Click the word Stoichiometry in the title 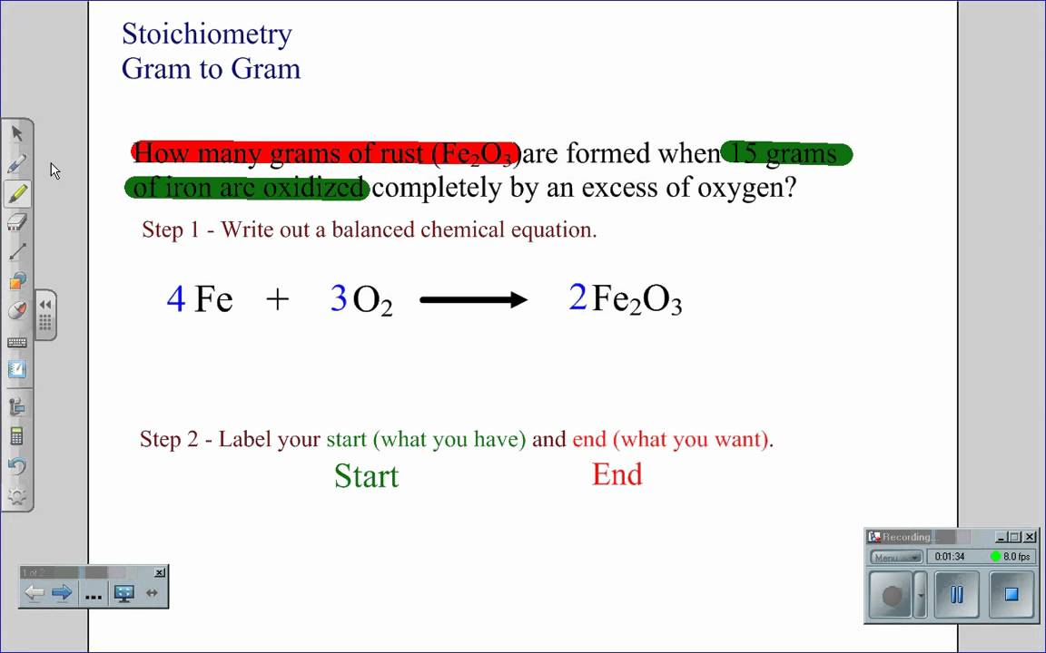[x=207, y=34]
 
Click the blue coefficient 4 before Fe [x=176, y=297]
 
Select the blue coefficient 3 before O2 [x=339, y=297]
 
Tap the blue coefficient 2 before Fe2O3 [x=577, y=297]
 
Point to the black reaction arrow [x=473, y=299]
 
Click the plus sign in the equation [x=278, y=298]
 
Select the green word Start [x=366, y=476]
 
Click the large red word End [x=617, y=474]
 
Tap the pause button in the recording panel [x=956, y=595]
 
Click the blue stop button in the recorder [x=1011, y=595]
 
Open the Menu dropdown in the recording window [x=896, y=557]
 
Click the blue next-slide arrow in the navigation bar [x=62, y=593]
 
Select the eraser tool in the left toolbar [x=17, y=221]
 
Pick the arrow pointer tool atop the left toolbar [x=17, y=133]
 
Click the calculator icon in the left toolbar [x=16, y=436]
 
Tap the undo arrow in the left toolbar [x=16, y=466]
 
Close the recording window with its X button [x=1030, y=537]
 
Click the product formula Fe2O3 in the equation [x=636, y=299]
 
